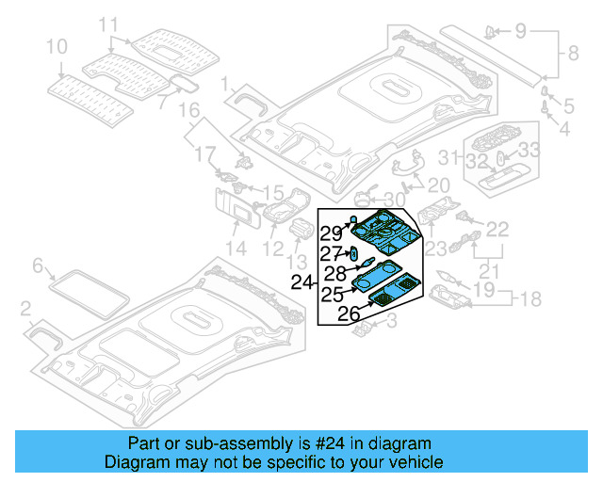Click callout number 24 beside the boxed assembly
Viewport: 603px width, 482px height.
point(301,281)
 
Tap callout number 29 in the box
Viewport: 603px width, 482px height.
point(330,233)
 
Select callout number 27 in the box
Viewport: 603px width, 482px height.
point(329,254)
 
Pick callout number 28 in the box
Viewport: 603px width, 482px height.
point(335,273)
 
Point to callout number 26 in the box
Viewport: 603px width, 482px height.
point(349,313)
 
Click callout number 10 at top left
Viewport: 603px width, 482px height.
point(57,46)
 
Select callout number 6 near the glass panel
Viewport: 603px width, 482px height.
point(39,266)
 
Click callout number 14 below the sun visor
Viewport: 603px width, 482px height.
point(235,249)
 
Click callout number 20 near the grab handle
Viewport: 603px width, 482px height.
point(439,185)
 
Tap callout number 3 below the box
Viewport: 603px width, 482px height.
point(393,323)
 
